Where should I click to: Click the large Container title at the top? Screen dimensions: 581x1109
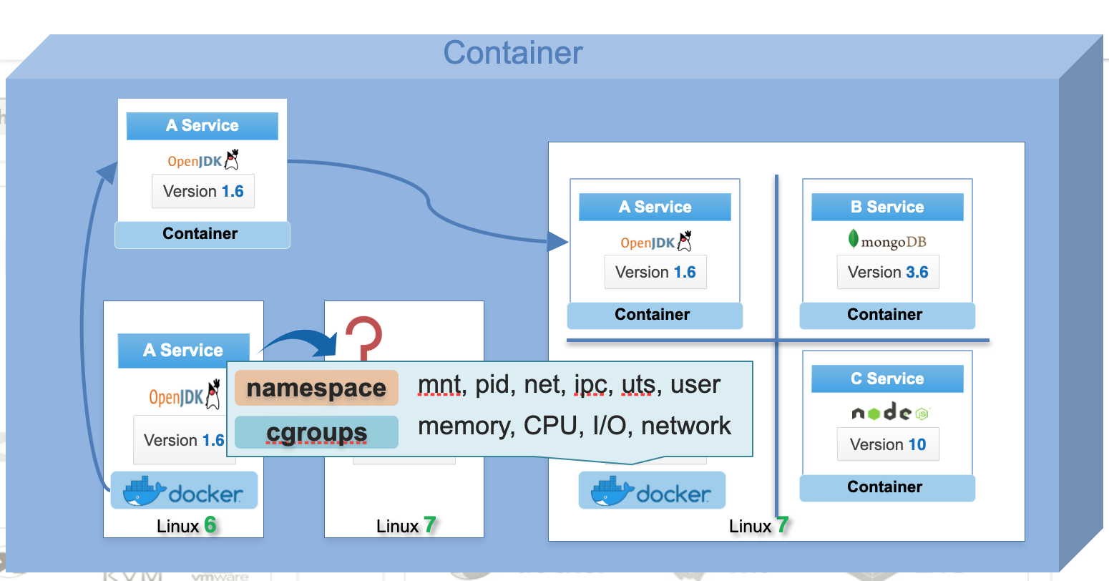[513, 53]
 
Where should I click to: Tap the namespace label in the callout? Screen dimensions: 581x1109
[316, 389]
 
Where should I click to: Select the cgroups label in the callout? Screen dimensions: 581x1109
[316, 432]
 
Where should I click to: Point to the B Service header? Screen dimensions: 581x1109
[887, 207]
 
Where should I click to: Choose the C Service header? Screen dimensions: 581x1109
[887, 379]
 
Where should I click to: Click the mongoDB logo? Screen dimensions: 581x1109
[887, 240]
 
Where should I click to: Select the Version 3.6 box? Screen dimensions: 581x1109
[888, 272]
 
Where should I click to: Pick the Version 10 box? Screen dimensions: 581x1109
[888, 444]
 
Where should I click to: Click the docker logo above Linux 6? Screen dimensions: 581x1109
[184, 492]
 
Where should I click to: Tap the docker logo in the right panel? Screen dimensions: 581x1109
[652, 492]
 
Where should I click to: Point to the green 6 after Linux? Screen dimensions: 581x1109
[210, 525]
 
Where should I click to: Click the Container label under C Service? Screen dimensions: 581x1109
[885, 487]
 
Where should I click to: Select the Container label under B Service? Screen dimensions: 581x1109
[885, 315]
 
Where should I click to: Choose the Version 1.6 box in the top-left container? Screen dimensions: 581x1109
[203, 191]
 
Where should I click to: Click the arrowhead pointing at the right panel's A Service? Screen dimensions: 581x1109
[558, 242]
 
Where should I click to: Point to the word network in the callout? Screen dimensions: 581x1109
[685, 426]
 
